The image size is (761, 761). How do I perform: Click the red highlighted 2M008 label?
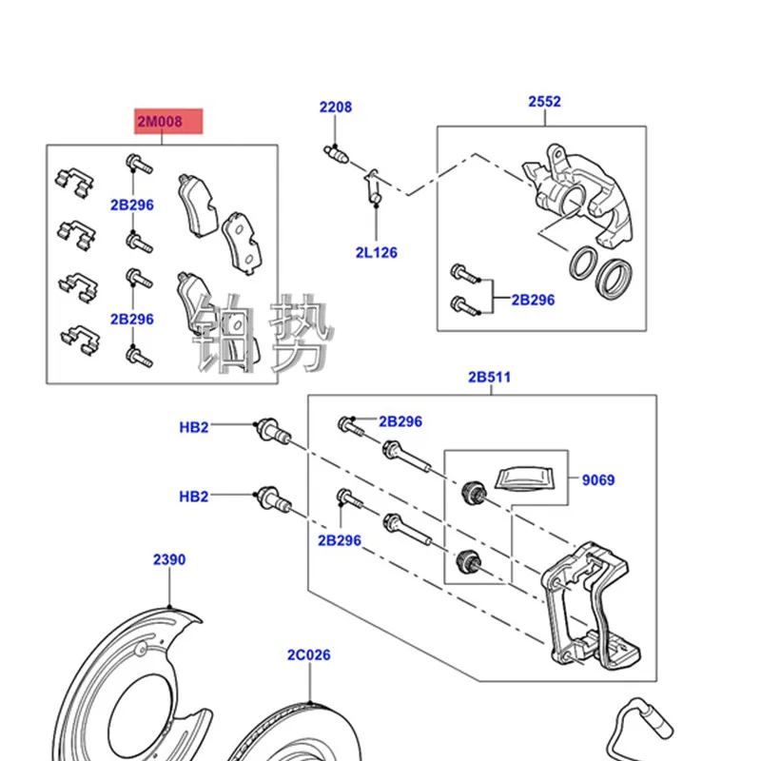click(167, 121)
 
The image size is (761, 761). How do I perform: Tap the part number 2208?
click(335, 107)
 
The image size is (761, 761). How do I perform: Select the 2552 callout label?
click(545, 101)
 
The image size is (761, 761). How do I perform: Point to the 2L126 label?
click(377, 253)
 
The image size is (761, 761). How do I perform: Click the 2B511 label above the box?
click(489, 377)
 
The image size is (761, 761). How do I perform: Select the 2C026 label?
click(309, 655)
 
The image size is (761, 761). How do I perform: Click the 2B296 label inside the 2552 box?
click(533, 300)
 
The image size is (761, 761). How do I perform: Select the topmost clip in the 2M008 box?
click(73, 182)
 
